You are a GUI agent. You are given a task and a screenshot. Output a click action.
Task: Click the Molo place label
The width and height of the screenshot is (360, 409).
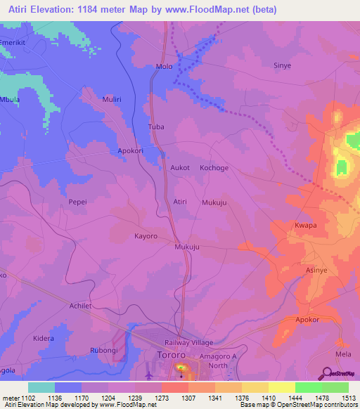[x=164, y=67]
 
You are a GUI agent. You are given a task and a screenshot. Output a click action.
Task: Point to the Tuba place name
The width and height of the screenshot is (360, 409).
[x=155, y=127]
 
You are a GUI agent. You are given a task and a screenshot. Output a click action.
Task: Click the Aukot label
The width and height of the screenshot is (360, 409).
[x=181, y=168]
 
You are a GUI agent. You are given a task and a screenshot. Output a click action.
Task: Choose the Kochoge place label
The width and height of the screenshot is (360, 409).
[x=214, y=168]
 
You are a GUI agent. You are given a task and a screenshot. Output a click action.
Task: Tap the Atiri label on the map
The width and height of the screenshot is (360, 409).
[x=180, y=202]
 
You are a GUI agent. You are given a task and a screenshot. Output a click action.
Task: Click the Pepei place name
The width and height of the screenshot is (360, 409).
[x=77, y=202]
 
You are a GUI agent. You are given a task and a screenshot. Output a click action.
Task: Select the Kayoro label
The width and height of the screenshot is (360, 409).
[x=146, y=236]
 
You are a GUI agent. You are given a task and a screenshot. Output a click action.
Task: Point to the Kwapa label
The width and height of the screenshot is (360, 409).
[x=304, y=226]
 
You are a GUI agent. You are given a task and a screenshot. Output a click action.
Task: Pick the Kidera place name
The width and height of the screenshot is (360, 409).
[x=43, y=339]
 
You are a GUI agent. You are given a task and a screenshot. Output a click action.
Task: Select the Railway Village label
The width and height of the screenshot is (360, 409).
[x=188, y=342]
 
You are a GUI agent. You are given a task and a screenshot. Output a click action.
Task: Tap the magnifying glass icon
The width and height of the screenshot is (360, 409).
[x=328, y=373]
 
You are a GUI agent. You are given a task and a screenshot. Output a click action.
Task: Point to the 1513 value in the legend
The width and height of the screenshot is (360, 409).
[x=348, y=398]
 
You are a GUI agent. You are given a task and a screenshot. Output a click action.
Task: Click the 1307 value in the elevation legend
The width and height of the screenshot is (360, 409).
[x=188, y=398]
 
